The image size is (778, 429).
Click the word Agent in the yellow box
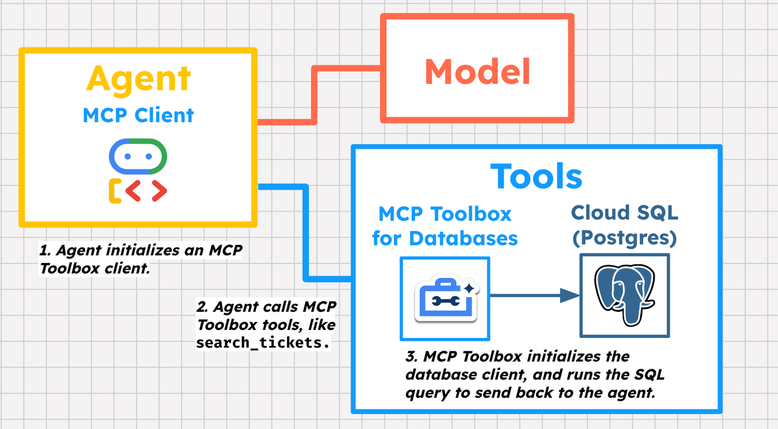point(139,80)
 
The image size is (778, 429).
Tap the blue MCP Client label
point(139,115)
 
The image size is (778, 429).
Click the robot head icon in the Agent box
point(138,156)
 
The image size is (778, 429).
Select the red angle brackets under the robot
point(146,191)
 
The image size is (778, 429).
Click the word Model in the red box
point(477,72)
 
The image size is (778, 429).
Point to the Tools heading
point(537,176)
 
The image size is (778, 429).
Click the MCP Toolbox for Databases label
point(445,225)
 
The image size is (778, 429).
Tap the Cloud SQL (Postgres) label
point(624,225)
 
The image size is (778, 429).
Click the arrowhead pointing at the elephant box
point(570,296)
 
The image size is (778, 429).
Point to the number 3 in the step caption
point(410,356)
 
